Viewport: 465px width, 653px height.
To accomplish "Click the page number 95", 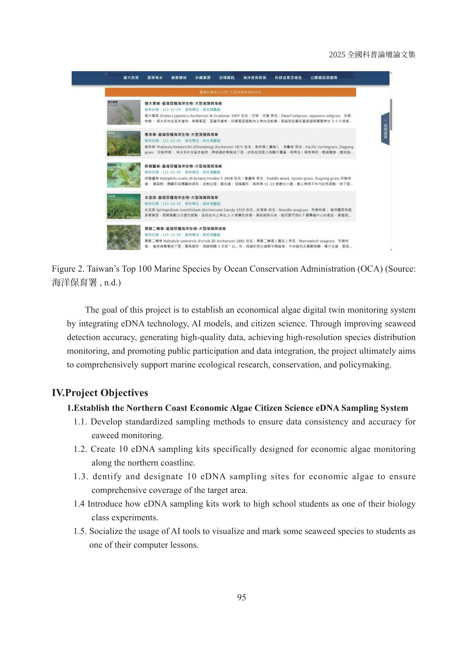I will click(x=241, y=597).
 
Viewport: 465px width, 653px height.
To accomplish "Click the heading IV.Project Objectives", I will click(x=100, y=393).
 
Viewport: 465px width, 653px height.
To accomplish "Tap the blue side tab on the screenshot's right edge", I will click(x=385, y=129).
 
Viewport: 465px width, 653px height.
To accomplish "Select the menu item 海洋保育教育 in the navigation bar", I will click(x=254, y=78).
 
